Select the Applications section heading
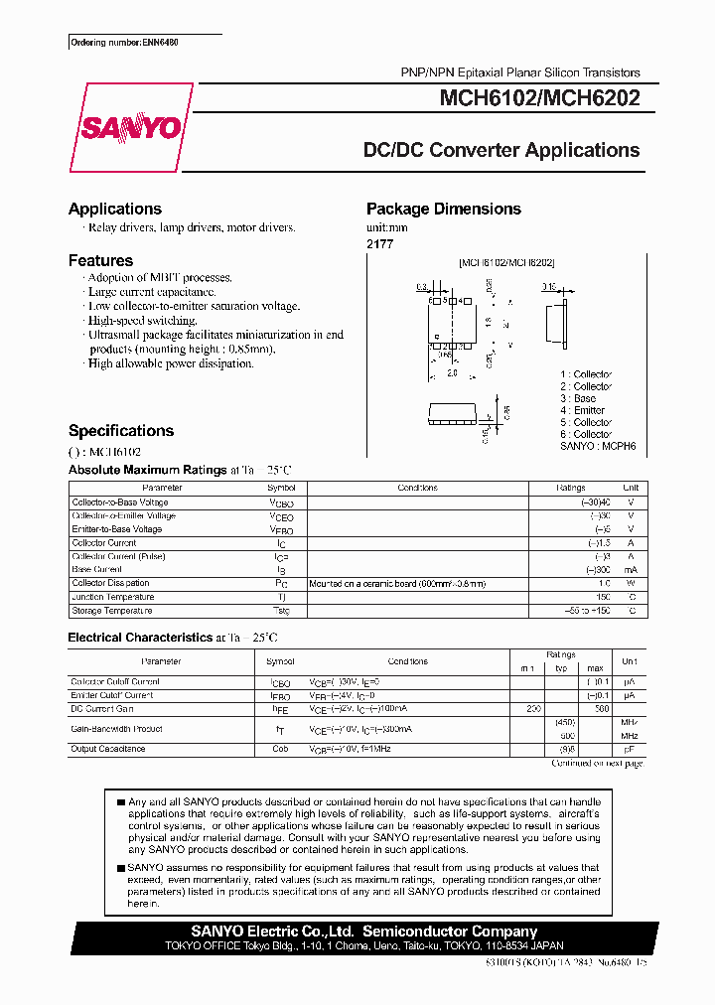[114, 209]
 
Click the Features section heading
[100, 260]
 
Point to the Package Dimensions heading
[443, 209]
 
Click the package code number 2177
[379, 243]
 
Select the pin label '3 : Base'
[578, 398]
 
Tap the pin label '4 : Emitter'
[582, 410]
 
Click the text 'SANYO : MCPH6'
[596, 446]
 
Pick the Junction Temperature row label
[112, 597]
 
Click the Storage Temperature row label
[112, 611]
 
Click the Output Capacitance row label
[109, 749]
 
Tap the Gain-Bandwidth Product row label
[116, 729]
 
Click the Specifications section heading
[120, 431]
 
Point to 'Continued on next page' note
[597, 763]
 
